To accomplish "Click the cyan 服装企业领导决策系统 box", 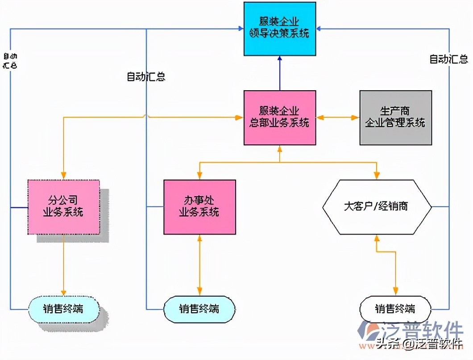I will click(x=279, y=28).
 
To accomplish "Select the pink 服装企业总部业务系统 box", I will click(x=279, y=117).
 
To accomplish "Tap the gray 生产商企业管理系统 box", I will click(x=395, y=117).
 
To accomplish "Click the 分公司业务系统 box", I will click(x=63, y=206).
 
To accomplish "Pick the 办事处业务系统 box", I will click(x=199, y=206).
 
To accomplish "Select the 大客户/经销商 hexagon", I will click(x=377, y=207).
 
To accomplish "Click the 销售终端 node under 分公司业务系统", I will click(x=64, y=309).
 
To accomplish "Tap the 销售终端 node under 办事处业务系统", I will click(x=199, y=309).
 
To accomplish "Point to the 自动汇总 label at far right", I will click(x=448, y=59).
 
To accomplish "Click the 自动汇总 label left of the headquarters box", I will click(x=146, y=77).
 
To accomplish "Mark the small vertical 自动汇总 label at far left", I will click(x=10, y=61).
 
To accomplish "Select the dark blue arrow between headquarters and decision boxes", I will click(x=280, y=73).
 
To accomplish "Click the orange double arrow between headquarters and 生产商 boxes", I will click(x=337, y=118).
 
